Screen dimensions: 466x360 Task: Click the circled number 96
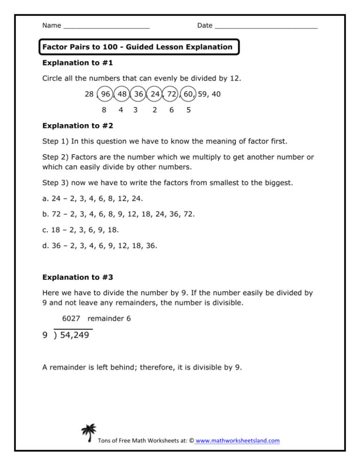(x=105, y=94)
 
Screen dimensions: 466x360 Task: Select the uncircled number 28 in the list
(x=89, y=94)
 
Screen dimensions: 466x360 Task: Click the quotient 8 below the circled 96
(x=104, y=110)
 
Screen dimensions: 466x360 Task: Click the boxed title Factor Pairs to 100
(x=137, y=47)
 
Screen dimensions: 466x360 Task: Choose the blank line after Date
(x=266, y=26)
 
